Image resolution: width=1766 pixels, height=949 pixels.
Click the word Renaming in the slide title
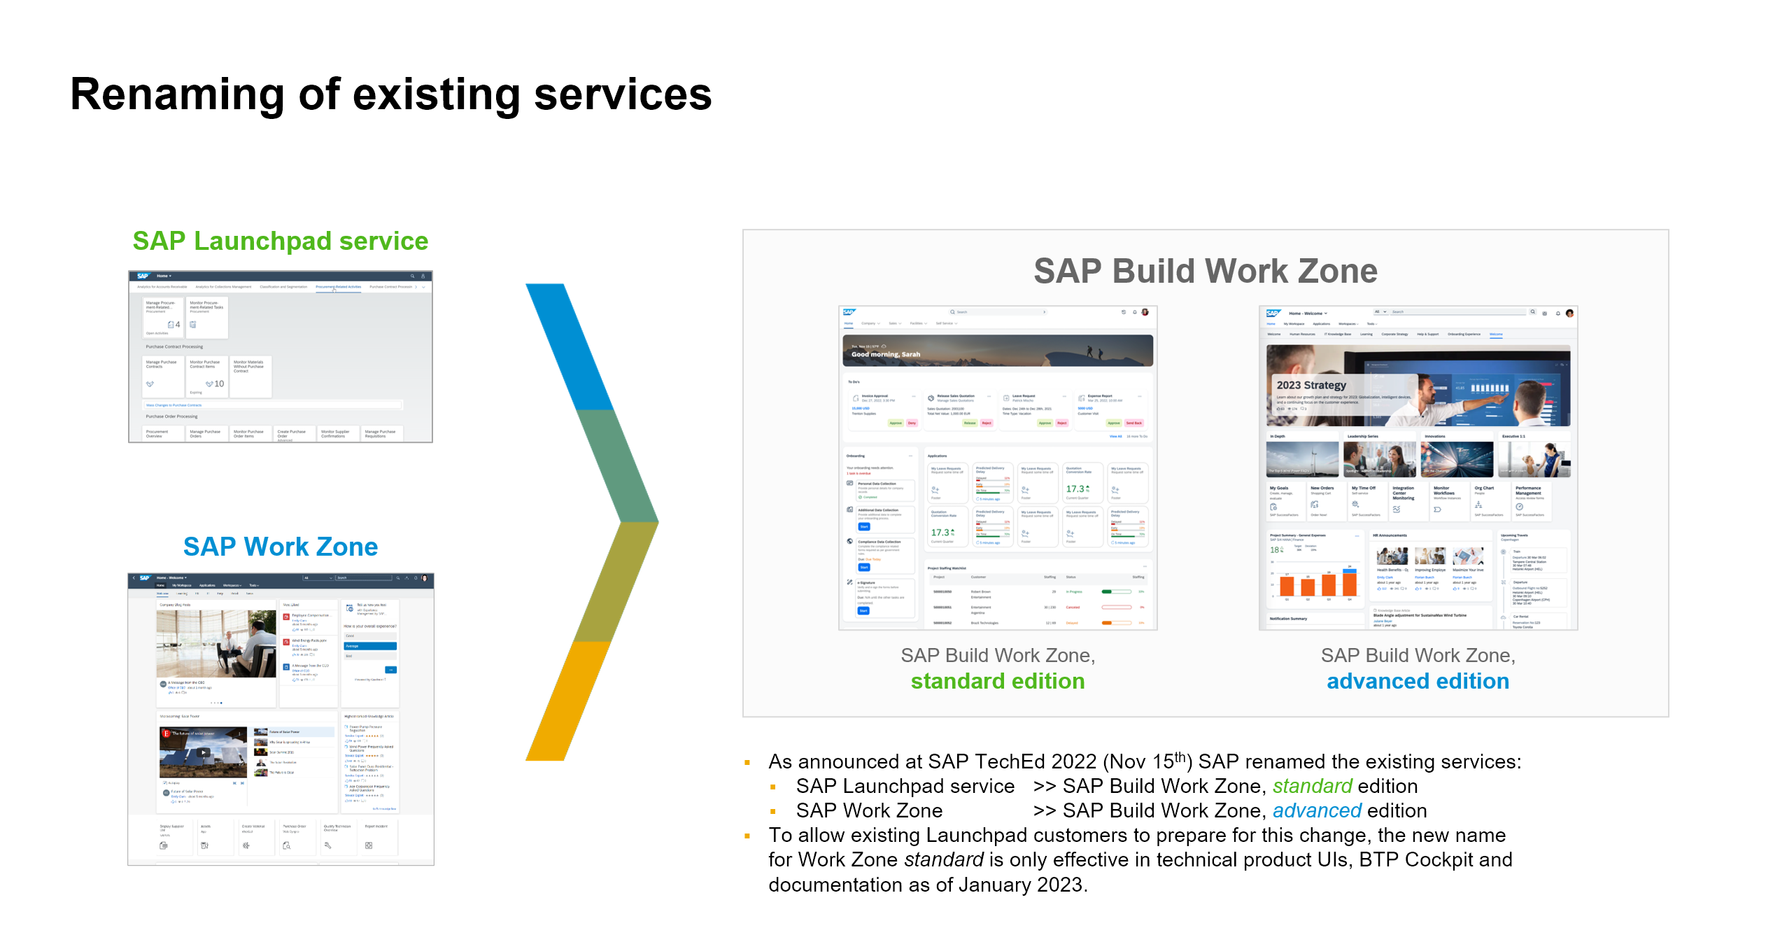(178, 95)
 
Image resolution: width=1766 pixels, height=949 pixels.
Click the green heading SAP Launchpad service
(280, 241)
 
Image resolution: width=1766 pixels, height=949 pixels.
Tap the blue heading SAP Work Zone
(280, 547)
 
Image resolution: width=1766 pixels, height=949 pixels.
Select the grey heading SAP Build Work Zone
(1205, 271)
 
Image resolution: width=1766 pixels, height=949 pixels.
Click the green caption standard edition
(997, 681)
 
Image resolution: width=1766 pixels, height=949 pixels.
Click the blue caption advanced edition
(1418, 681)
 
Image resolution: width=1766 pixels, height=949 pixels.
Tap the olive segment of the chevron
(616, 581)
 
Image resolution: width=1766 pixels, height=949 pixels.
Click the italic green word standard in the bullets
(1312, 786)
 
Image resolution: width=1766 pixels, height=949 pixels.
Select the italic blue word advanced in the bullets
(1316, 810)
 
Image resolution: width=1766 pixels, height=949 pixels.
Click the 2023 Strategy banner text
(1311, 385)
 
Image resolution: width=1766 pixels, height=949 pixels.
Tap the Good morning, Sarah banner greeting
(885, 354)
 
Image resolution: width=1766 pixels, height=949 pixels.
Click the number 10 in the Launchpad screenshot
(219, 384)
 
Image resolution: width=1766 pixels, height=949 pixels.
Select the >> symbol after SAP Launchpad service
(1044, 786)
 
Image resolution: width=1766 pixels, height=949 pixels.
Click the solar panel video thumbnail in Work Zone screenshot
(203, 752)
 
